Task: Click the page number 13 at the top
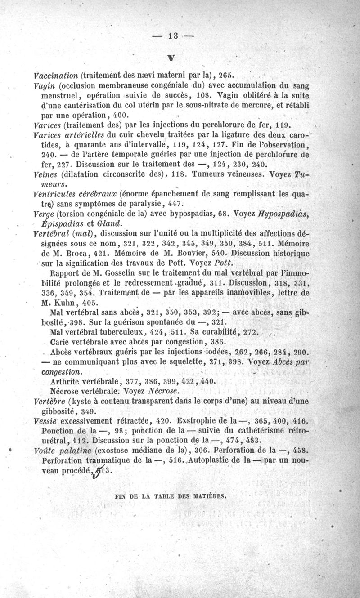click(x=172, y=36)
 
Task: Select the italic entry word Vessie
click(x=45, y=421)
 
